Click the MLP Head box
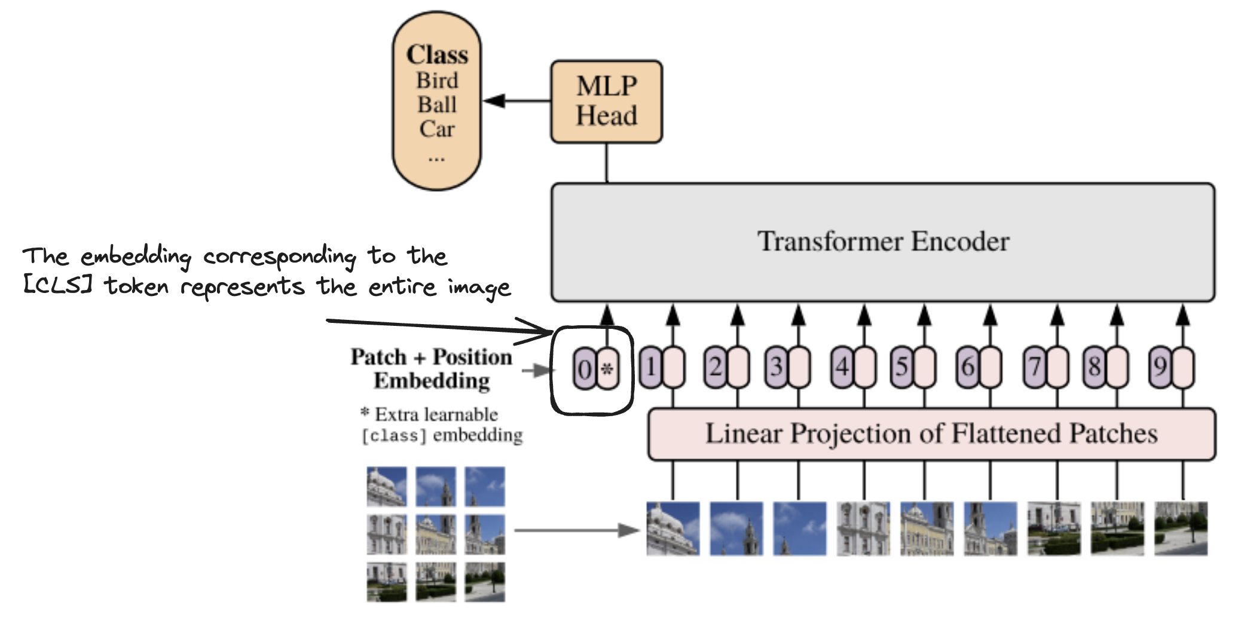tap(606, 102)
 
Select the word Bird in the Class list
tap(437, 80)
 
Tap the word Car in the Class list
tap(437, 129)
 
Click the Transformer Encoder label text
tap(883, 242)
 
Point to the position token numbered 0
tap(585, 368)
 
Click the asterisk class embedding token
tap(607, 368)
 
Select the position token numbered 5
tap(902, 367)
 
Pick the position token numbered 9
tap(1160, 367)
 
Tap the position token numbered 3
tap(777, 367)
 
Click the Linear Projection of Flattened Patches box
tap(931, 434)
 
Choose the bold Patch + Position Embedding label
tap(431, 368)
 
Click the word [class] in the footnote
tap(394, 436)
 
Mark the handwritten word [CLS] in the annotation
tap(57, 285)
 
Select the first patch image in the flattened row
tap(673, 529)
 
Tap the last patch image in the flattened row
tap(1181, 529)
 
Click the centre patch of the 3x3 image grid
tap(436, 534)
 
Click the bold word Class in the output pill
tap(437, 55)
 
